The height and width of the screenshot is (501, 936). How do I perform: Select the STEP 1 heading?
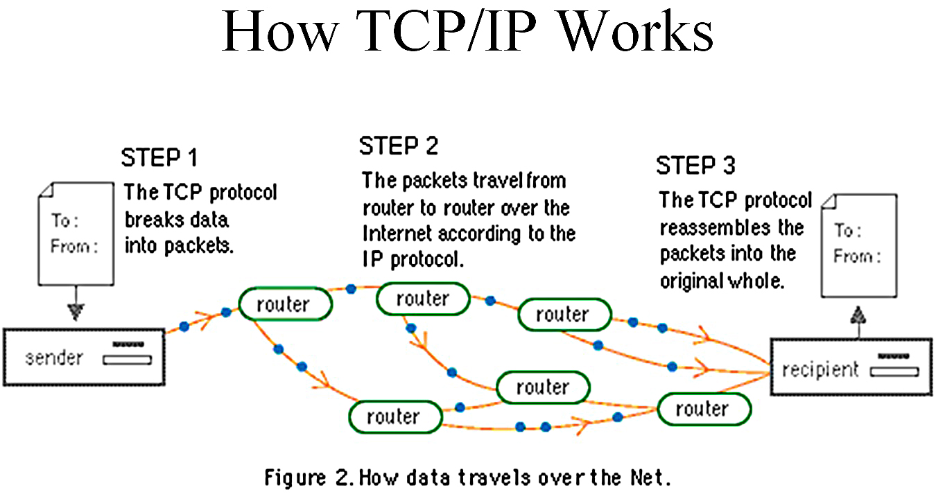(x=159, y=157)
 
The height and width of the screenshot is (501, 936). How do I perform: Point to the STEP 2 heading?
(x=399, y=146)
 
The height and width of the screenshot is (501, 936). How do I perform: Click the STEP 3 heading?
(x=695, y=166)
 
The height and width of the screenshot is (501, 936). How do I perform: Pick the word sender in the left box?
(x=54, y=358)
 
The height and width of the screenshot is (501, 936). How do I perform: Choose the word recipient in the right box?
(x=820, y=370)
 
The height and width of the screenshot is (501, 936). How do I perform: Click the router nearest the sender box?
(x=284, y=304)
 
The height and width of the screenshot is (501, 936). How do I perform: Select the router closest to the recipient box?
(x=702, y=409)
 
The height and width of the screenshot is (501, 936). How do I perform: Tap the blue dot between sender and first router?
(x=184, y=325)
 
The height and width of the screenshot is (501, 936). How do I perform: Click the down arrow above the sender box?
(x=76, y=313)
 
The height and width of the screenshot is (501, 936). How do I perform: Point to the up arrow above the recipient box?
(x=859, y=315)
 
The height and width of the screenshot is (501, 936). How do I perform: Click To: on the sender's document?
(x=64, y=220)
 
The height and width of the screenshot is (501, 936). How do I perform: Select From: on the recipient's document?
(x=857, y=256)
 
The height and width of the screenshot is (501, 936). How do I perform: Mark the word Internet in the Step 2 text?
(x=399, y=234)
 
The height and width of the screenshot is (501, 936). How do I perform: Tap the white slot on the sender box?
(x=127, y=359)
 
